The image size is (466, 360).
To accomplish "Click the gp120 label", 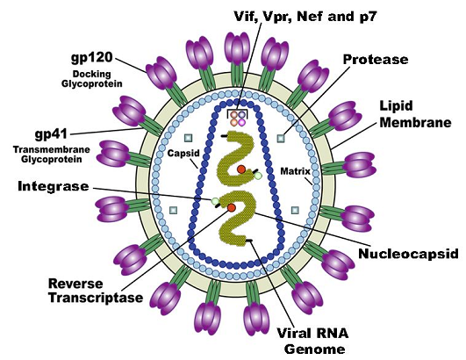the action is pos(92,57).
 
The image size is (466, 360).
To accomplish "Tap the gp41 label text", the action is pos(52,134).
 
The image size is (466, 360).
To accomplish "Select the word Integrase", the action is pos(54,186).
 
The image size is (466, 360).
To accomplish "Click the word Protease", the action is pos(376,60).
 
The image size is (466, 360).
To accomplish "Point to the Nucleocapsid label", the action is pos(408,254).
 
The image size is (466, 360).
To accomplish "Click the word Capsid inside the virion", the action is pos(183,153).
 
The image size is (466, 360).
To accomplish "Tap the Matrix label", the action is pos(295,171).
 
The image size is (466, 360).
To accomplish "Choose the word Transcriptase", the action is pos(96,298).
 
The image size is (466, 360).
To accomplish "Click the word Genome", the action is pos(315,349).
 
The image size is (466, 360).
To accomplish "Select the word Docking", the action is pos(91,74).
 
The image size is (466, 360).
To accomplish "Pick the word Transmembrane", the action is pos(52,149).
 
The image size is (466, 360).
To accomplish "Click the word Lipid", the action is pos(396,106).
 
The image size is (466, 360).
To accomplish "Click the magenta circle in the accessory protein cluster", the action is pos(242,122).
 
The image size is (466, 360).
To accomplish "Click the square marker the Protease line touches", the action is pos(281,138).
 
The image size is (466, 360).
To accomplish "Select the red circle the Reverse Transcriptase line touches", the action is pos(232,207).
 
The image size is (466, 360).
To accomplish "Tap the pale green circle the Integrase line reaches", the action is pos(215,201).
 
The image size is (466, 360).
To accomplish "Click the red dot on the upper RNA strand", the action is pos(241,169).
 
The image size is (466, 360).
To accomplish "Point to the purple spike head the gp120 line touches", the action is pos(161,73).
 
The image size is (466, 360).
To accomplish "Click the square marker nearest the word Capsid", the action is pos(189,138).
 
